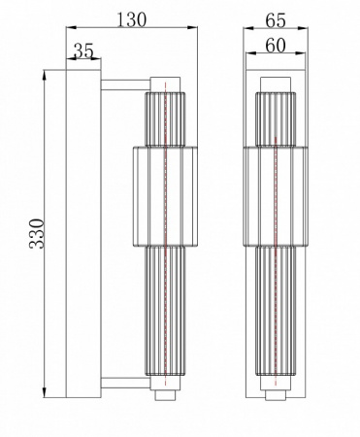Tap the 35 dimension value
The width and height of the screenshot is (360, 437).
click(x=84, y=51)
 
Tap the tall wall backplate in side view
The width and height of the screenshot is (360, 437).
click(x=82, y=233)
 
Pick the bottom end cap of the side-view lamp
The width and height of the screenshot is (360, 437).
click(x=165, y=395)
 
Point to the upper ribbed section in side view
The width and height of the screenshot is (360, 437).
click(x=165, y=118)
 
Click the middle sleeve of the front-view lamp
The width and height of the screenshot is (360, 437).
click(x=275, y=194)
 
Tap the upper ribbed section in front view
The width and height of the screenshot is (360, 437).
click(x=275, y=118)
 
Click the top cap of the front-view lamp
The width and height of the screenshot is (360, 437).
click(x=275, y=82)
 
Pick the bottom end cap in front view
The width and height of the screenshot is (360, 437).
click(x=275, y=395)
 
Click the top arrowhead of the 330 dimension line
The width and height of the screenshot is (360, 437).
click(x=45, y=75)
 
